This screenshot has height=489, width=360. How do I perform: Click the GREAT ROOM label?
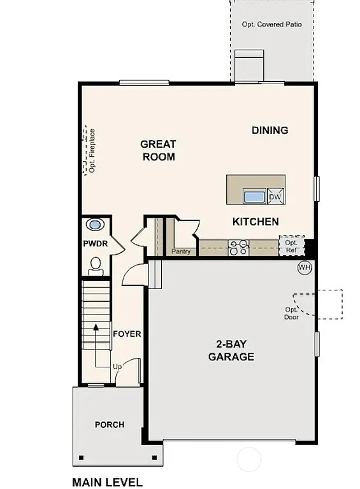158,150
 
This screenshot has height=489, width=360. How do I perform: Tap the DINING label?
270,130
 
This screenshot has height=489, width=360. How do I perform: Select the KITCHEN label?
255,222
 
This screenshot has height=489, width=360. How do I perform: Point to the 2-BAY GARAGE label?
231,350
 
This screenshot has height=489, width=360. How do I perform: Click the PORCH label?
110,425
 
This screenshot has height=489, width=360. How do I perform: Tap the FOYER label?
127,334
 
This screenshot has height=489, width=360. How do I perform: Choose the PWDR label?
95,244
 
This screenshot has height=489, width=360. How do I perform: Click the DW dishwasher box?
275,197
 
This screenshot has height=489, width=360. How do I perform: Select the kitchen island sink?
254,196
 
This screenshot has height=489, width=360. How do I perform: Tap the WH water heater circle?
305,267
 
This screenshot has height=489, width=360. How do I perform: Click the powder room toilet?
96,265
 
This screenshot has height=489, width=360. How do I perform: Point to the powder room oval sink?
95,225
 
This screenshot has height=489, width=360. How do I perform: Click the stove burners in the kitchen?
239,248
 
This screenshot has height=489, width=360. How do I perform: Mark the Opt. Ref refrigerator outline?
291,246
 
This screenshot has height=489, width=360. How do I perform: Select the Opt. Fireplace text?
92,151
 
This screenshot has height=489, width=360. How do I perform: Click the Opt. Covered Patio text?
271,24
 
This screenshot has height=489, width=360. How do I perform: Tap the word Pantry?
181,252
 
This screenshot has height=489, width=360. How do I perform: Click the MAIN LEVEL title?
107,482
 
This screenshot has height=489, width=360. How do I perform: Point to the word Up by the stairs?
117,367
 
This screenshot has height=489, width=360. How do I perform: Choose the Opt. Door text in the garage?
292,313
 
